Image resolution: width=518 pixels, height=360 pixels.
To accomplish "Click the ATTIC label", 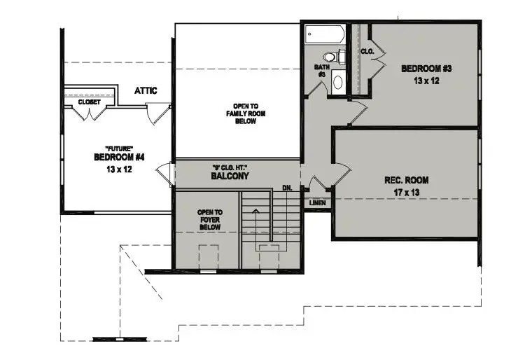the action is tap(146, 90).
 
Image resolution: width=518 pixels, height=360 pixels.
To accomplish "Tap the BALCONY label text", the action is tap(230, 176).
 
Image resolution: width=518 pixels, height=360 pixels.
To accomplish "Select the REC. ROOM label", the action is tap(407, 180).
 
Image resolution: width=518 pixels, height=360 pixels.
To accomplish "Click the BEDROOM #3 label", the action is tap(426, 69).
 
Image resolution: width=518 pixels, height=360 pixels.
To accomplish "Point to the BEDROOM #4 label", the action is tap(119, 157).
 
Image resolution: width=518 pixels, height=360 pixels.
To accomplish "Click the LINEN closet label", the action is tap(318, 203).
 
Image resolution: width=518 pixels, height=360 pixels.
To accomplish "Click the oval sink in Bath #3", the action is tap(337, 83).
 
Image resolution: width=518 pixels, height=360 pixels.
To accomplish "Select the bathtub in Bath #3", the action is tap(325, 34).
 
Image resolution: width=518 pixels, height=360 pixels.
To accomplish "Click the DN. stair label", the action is tap(288, 188).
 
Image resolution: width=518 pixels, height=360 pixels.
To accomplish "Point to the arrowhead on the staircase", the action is tap(255, 210).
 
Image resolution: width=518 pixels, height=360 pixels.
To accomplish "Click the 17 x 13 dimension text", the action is tap(407, 193).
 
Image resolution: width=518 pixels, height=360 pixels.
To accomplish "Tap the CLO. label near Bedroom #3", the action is tap(367, 52).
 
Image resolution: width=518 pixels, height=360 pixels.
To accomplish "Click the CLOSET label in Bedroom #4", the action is tap(89, 102).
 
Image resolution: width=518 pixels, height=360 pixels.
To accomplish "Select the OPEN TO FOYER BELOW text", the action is tap(210, 220).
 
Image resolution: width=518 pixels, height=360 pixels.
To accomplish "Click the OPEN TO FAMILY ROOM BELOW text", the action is tap(246, 113).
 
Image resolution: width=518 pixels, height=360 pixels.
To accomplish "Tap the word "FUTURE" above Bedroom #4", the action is tap(119, 148).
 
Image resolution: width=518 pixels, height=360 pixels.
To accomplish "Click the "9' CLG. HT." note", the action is tap(230, 167).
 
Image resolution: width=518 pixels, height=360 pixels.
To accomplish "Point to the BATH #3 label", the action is tap(322, 71).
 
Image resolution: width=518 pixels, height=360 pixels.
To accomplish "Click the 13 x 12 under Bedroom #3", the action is tap(426, 81).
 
